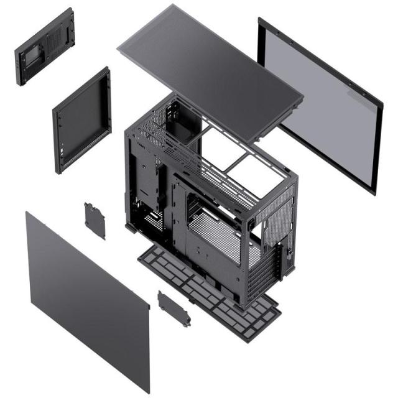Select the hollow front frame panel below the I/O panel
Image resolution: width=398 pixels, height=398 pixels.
(81, 121)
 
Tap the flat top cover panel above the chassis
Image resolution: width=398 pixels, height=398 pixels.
(208, 68)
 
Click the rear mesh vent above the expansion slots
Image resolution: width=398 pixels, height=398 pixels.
(274, 215)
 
